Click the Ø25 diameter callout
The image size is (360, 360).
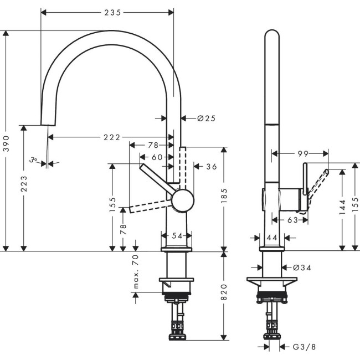tap(205, 118)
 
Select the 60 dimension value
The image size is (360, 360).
tap(157, 157)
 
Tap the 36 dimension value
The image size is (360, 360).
tap(211, 166)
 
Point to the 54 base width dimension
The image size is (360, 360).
tap(177, 236)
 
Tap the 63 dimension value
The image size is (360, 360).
tap(292, 220)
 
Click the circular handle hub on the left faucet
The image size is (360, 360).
tap(182, 200)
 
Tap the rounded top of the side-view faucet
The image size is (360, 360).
tap(271, 36)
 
